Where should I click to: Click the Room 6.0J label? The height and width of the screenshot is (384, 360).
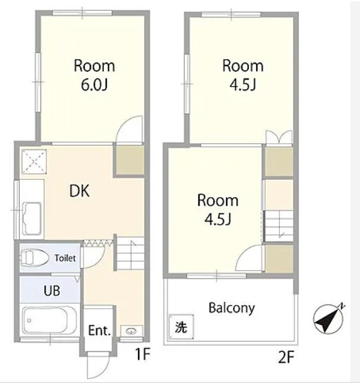pos(94,75)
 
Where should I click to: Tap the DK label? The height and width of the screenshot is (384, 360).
pos(80,191)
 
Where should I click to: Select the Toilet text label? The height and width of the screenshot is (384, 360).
pos(65,258)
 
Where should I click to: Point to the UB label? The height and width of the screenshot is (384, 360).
pos(52,291)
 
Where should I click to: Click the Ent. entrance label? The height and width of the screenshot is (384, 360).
pos(99,331)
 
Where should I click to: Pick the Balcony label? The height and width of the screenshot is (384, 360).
pos(232,308)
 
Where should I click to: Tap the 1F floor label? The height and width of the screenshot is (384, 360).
pos(142,354)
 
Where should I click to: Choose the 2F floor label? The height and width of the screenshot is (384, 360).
pos(286,357)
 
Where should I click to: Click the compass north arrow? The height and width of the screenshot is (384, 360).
pos(328,319)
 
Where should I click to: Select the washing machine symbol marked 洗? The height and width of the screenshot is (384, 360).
pos(181,327)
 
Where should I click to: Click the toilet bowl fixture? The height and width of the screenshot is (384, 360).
pos(34,258)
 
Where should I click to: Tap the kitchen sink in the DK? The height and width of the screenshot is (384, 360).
pos(32,218)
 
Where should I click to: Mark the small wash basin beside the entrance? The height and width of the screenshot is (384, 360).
pos(131,331)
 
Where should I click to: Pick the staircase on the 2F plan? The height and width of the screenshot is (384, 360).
pos(279,226)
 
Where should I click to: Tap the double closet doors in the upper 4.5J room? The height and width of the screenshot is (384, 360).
pos(279,137)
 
